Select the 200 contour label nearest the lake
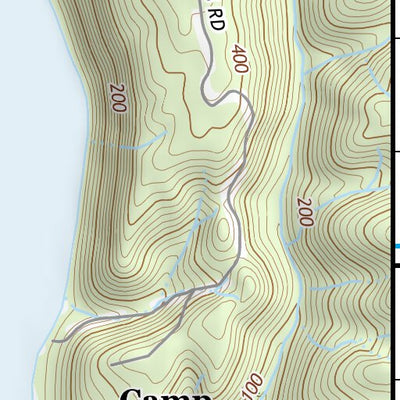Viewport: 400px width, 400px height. click(x=116, y=97)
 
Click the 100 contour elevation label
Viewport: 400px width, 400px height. click(x=252, y=385)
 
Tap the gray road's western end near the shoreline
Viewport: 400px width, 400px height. click(x=54, y=340)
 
